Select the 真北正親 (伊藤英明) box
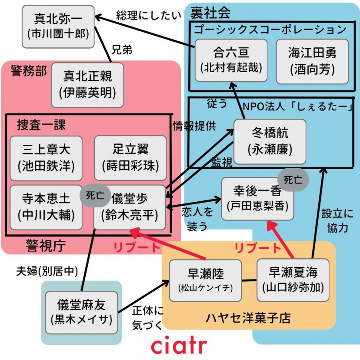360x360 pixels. pyautogui.click(x=87, y=85)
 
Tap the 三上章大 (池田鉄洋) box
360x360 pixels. pyautogui.click(x=46, y=158)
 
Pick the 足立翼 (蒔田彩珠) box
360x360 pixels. pyautogui.click(x=130, y=158)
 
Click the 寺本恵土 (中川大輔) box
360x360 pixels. pyautogui.click(x=46, y=207)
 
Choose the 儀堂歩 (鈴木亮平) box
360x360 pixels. pyautogui.click(x=130, y=207)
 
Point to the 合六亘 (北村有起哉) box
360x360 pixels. pyautogui.click(x=231, y=60)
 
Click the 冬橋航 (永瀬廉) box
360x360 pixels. pyautogui.click(x=270, y=141)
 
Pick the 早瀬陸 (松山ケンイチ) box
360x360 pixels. pyautogui.click(x=205, y=280)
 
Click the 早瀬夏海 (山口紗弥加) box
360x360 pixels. pyautogui.click(x=293, y=280)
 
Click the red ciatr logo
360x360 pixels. pyautogui.click(x=179, y=345)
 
